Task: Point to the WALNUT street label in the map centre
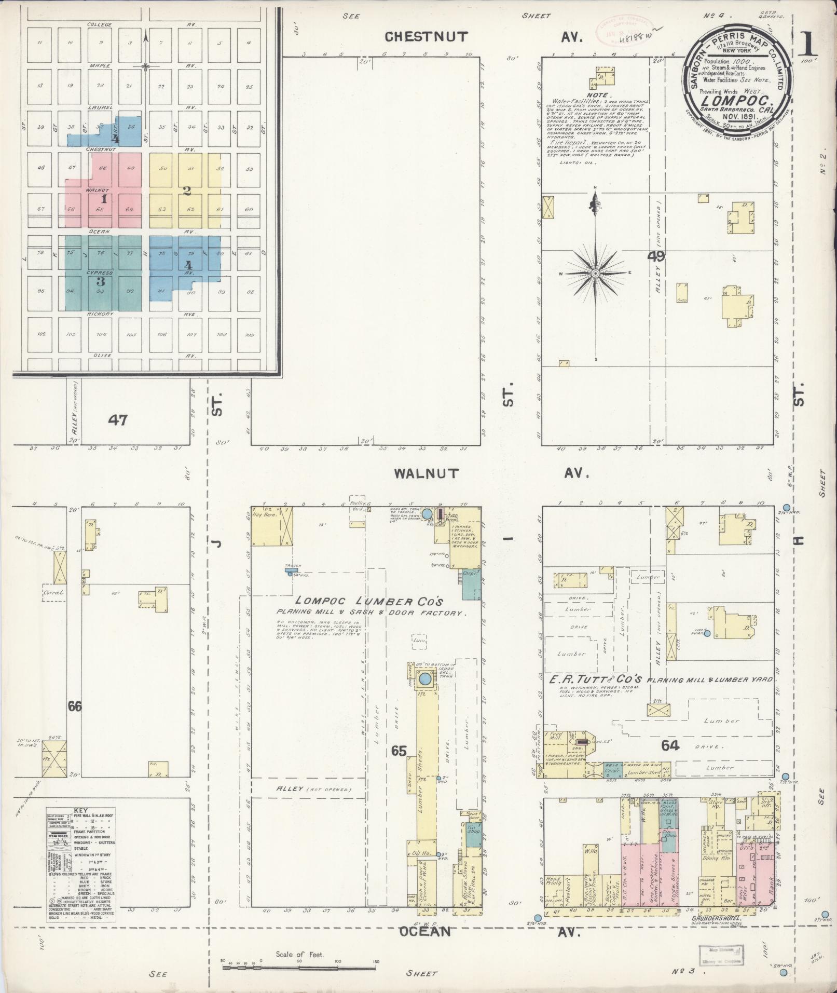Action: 426,473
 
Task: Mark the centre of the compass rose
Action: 596,273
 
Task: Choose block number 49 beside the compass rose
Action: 656,256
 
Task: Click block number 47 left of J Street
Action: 118,419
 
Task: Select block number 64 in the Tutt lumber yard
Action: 670,746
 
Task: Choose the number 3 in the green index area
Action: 101,282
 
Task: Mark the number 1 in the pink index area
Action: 104,199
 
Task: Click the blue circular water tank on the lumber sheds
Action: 426,678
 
